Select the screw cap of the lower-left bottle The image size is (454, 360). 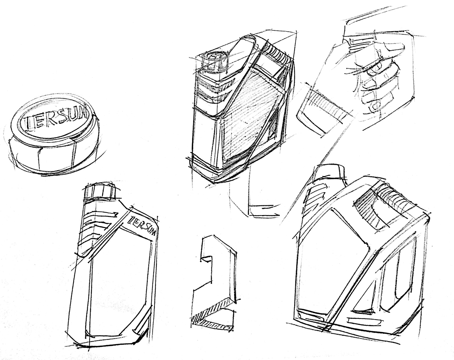tap(100, 192)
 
